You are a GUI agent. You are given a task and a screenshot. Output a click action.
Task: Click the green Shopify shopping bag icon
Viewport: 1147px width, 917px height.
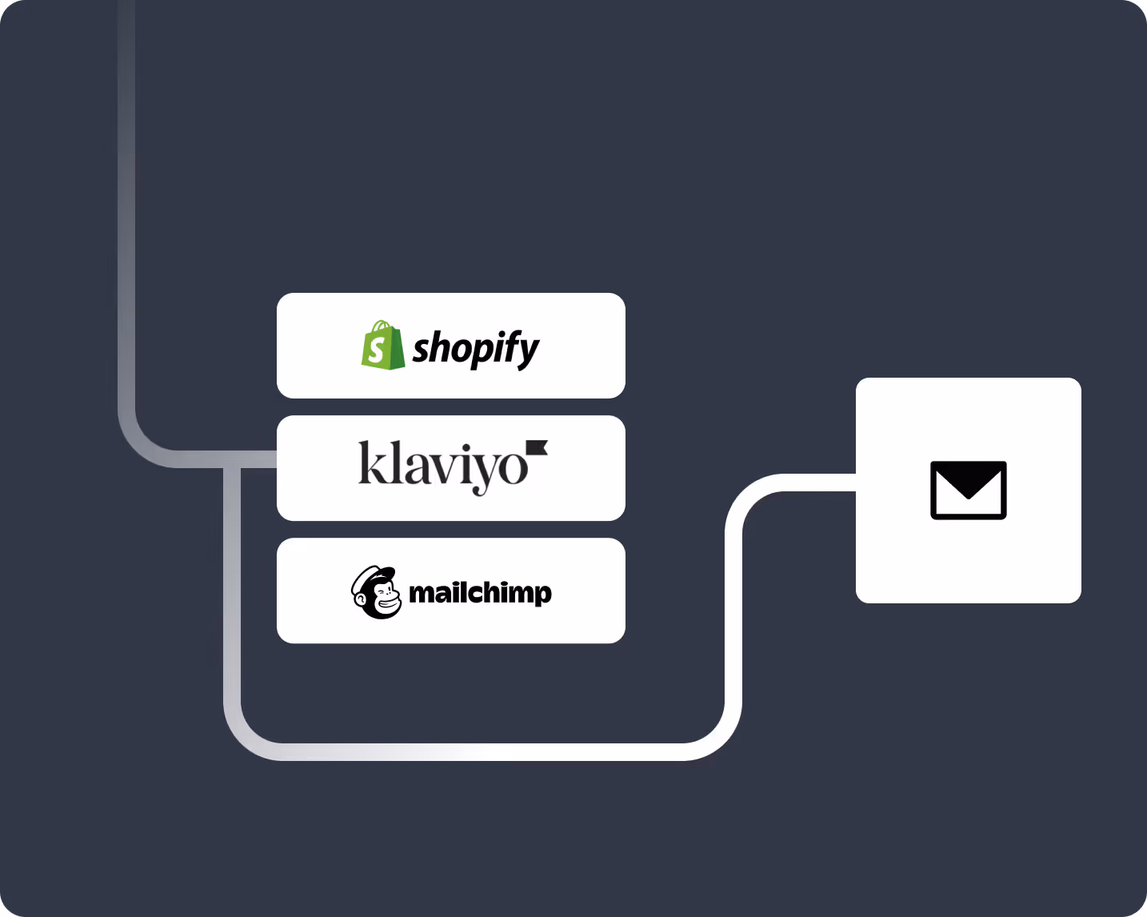click(x=382, y=346)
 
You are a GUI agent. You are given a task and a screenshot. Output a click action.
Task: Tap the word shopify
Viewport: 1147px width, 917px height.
click(x=476, y=348)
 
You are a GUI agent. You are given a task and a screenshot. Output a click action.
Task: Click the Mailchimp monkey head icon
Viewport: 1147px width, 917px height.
click(x=376, y=593)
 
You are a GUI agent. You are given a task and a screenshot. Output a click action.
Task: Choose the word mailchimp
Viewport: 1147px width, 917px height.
click(x=480, y=593)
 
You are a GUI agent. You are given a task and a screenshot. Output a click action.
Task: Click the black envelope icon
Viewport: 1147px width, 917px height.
click(x=968, y=491)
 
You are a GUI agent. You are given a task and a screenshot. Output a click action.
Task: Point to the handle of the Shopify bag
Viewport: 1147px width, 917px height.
click(x=382, y=326)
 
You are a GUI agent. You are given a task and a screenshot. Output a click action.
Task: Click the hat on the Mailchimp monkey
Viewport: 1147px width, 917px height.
click(x=377, y=575)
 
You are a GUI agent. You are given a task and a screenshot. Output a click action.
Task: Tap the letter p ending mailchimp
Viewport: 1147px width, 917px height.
click(x=543, y=595)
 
